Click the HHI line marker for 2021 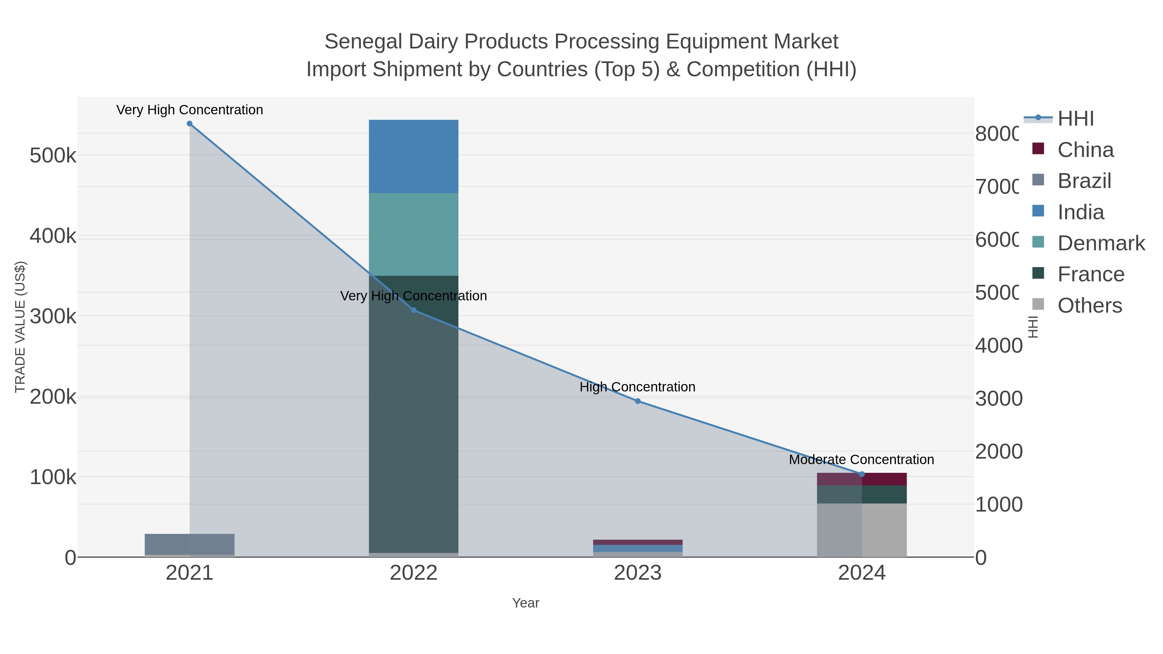coord(190,124)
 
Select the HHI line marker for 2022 coord(414,310)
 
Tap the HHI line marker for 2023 coord(637,401)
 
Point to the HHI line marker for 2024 coord(861,474)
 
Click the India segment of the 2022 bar coord(414,157)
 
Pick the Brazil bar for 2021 coord(190,544)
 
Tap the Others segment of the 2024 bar coord(861,530)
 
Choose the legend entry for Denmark coord(1101,243)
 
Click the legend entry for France coord(1090,275)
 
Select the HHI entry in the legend coord(1075,119)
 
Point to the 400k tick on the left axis coord(53,236)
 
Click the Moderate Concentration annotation coord(861,460)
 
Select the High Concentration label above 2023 coord(637,387)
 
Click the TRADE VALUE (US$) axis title coord(20,327)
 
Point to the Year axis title coord(526,603)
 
